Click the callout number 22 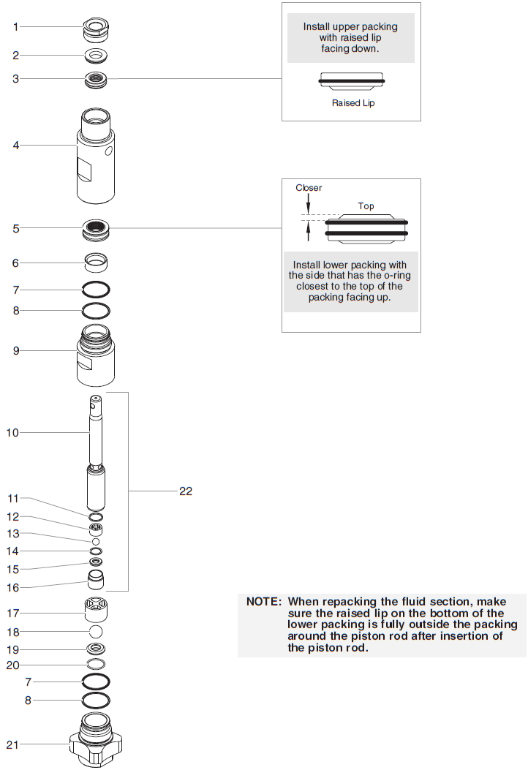[x=186, y=491]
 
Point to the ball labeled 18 [x=96, y=631]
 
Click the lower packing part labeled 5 [x=96, y=229]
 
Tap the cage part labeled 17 [x=96, y=608]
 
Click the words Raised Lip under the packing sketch [x=353, y=103]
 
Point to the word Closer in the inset [x=309, y=188]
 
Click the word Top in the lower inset [x=366, y=206]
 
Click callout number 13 [x=13, y=534]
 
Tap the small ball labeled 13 [x=96, y=541]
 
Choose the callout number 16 [x=13, y=587]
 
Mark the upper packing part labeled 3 [x=96, y=78]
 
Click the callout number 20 [x=13, y=665]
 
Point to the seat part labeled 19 [x=96, y=649]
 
